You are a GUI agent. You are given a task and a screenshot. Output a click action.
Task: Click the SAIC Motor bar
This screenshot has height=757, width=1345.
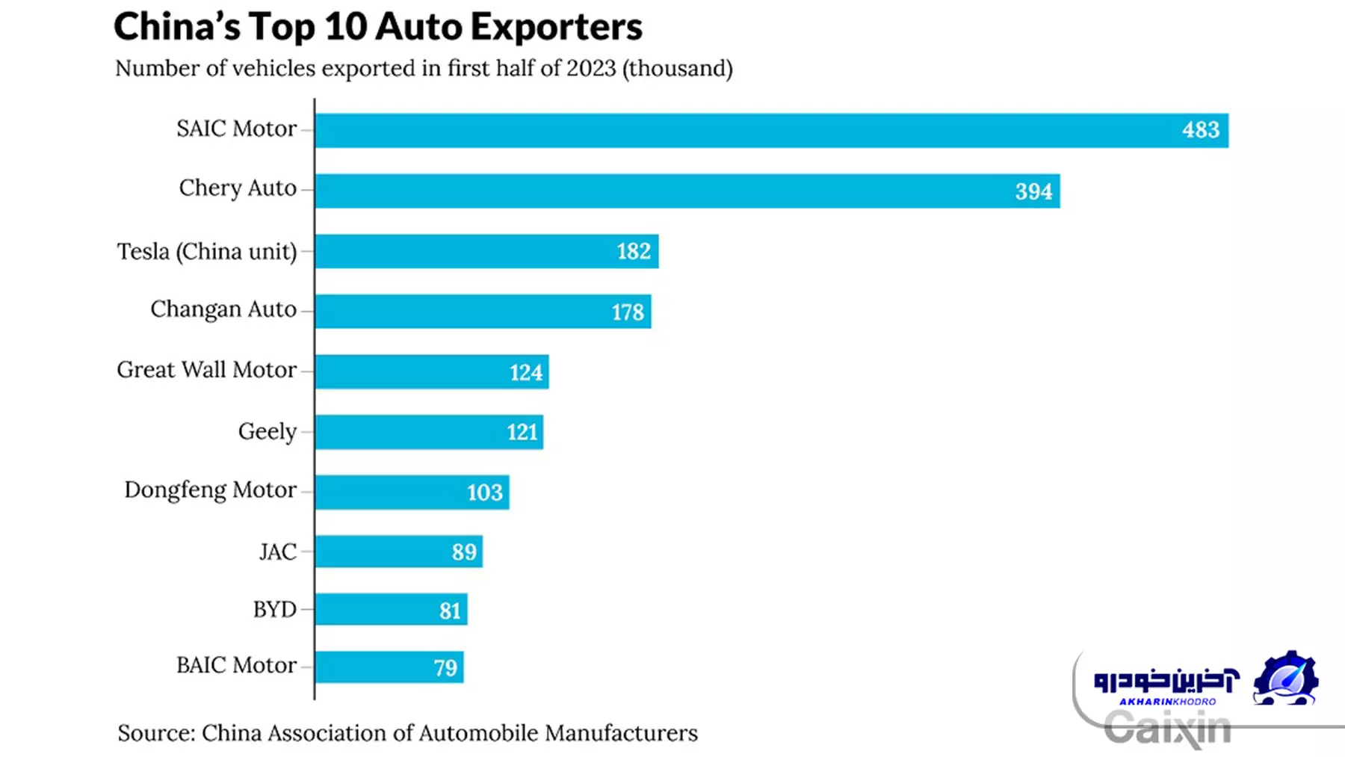(747, 131)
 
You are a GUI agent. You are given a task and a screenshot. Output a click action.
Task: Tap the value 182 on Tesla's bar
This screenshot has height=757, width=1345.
(634, 251)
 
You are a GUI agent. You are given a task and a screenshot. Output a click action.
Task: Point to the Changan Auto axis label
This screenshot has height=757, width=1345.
(223, 309)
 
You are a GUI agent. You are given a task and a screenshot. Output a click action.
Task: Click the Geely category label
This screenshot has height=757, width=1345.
(268, 431)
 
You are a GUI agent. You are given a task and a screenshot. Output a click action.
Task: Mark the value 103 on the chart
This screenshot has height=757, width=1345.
(485, 492)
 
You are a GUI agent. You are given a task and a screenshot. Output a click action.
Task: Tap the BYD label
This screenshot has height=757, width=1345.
(275, 610)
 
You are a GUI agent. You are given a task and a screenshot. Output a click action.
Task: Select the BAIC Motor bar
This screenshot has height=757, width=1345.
(374, 667)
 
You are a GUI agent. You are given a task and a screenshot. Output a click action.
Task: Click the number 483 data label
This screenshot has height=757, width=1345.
(1200, 130)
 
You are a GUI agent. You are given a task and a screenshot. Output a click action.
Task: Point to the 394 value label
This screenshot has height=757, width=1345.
(1033, 191)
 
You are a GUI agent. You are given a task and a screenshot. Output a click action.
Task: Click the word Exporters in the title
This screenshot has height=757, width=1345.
(557, 27)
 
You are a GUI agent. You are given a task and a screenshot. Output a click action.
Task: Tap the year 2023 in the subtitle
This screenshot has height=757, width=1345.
(590, 68)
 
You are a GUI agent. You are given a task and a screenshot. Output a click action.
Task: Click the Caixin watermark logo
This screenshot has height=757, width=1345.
(1167, 729)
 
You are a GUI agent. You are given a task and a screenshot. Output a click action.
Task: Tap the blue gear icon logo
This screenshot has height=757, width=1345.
(1285, 678)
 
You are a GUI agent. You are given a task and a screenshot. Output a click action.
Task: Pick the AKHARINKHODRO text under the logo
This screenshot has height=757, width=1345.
(1167, 702)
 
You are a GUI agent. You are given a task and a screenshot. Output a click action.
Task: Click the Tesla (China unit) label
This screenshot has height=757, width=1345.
(207, 251)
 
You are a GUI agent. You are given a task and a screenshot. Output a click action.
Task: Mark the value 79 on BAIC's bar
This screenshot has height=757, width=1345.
(445, 667)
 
